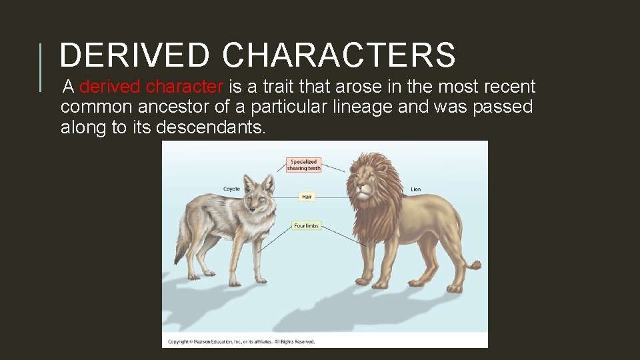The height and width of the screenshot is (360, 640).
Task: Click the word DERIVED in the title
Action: [133, 55]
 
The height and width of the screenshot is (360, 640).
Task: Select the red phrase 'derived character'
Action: [151, 87]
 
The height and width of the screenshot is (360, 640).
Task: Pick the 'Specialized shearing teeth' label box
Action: [304, 165]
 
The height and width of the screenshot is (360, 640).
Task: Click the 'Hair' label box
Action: [306, 197]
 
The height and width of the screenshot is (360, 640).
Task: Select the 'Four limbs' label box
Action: [306, 226]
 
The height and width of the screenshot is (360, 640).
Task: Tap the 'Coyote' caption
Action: [231, 189]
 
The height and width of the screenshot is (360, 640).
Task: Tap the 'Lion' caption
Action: [415, 189]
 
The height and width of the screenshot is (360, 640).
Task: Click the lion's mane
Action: [383, 200]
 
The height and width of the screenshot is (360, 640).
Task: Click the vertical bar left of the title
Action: [41, 67]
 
